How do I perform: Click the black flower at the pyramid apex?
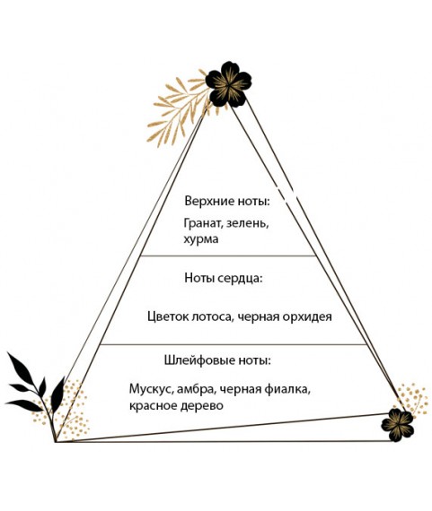(228, 84)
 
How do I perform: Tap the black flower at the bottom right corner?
(397, 425)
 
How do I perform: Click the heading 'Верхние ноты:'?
(227, 201)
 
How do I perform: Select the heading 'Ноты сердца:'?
(224, 278)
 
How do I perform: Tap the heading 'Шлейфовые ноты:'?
(217, 360)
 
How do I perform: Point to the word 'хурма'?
(201, 239)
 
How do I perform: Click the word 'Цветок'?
(168, 316)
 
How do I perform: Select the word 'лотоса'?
(212, 317)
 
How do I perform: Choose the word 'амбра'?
(197, 388)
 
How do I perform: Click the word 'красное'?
(151, 406)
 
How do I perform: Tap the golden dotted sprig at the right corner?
(411, 399)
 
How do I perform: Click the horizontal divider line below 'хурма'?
(228, 255)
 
